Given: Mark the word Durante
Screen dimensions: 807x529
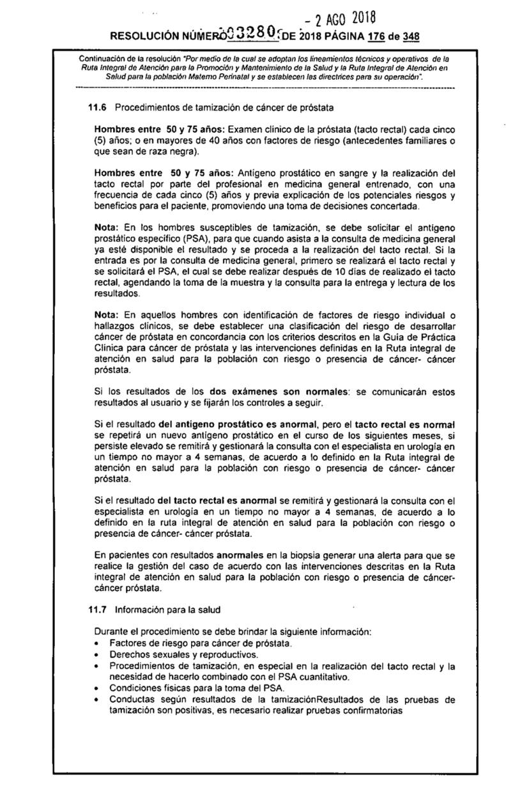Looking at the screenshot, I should pyautogui.click(x=111, y=631).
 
